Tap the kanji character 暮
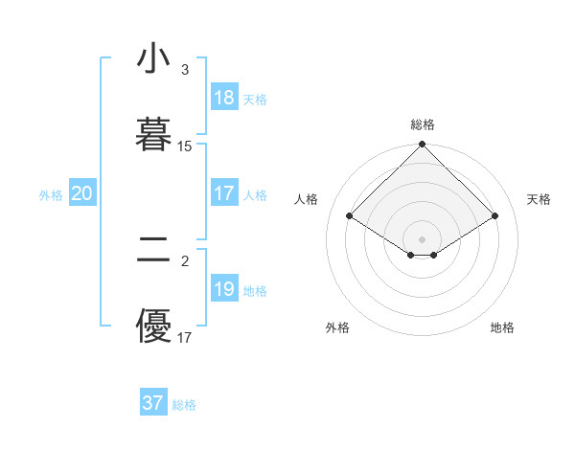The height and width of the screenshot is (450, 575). [x=154, y=135]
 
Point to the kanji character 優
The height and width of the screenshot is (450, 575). [x=154, y=326]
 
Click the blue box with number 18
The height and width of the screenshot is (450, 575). [x=224, y=98]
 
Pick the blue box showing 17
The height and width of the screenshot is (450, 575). [x=224, y=193]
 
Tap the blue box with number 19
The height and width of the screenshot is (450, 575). [x=224, y=289]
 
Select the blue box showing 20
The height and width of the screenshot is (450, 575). [x=81, y=193]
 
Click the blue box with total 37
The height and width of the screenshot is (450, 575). [x=153, y=403]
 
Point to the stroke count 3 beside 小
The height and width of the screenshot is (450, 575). [x=184, y=70]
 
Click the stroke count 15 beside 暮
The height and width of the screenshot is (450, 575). [x=185, y=146]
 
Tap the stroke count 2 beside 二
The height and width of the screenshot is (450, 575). [x=184, y=259]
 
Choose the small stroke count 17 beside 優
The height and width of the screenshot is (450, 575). [x=185, y=338]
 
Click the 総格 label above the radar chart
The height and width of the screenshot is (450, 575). [x=423, y=124]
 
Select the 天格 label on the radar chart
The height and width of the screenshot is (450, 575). [x=539, y=199]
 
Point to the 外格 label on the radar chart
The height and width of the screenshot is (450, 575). [x=337, y=327]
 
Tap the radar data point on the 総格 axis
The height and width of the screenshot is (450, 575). [x=423, y=146]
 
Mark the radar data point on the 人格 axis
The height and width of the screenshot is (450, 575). [x=350, y=215]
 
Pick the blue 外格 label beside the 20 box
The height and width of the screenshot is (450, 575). [x=51, y=195]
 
